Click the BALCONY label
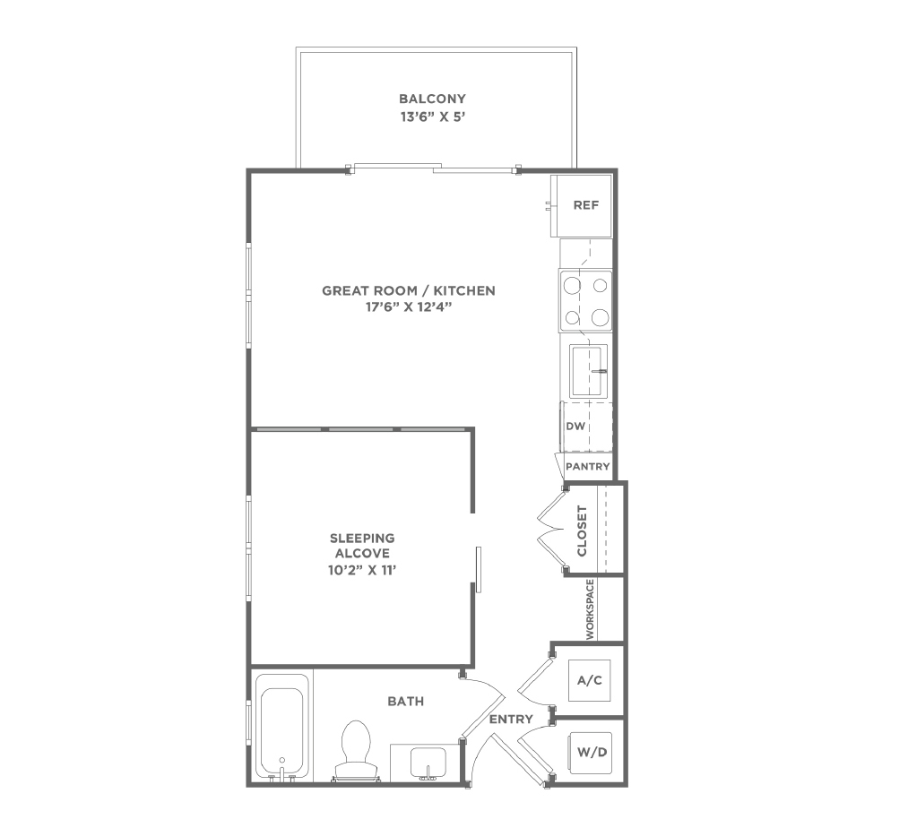tap(432, 99)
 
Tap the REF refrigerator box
tap(581, 205)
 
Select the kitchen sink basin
tap(588, 371)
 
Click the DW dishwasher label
tap(575, 427)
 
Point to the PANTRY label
tap(588, 467)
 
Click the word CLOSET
tap(582, 531)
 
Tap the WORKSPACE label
tap(590, 609)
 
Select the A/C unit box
tap(590, 680)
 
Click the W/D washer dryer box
tap(591, 753)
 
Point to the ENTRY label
tap(511, 720)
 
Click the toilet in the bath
tap(356, 751)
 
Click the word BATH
tap(406, 701)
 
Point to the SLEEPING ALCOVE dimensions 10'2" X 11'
tap(362, 570)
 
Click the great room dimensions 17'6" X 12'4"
tap(408, 306)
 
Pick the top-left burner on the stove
tap(573, 286)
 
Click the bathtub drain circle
tap(282, 760)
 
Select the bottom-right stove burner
tap(600, 316)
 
